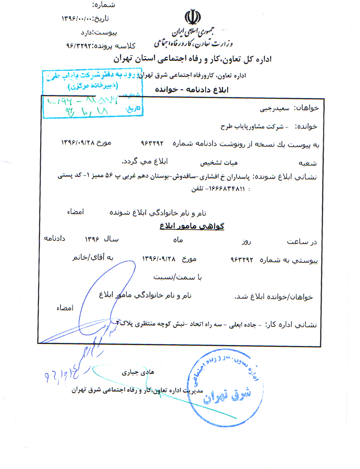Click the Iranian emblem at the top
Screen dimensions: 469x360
point(192,17)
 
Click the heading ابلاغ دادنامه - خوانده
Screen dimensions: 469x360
point(192,90)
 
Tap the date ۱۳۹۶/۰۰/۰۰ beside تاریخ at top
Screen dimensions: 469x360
point(77,19)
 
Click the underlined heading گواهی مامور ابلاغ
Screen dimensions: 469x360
point(192,226)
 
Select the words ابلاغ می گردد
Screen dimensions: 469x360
point(145,161)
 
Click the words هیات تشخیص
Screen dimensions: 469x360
point(219,163)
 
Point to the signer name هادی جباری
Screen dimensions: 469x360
point(138,372)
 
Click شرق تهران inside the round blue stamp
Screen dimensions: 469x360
point(227,396)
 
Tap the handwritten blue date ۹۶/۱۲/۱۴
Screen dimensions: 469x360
point(62,376)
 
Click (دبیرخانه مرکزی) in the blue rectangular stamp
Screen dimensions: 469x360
point(92,86)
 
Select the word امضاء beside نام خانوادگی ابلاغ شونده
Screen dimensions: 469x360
point(75,212)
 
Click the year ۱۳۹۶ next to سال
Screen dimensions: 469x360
point(92,239)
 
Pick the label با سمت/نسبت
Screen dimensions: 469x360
point(178,277)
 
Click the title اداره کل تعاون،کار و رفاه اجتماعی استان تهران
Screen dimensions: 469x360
point(192,59)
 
